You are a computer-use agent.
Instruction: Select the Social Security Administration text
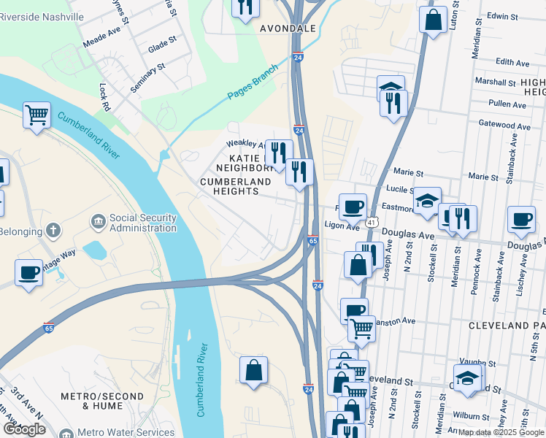(142, 223)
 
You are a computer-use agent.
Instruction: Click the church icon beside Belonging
(53, 231)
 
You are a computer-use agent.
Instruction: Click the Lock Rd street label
(104, 96)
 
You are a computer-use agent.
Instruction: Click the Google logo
(24, 429)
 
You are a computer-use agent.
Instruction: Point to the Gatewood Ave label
(504, 126)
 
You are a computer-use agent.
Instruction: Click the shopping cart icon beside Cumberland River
(36, 115)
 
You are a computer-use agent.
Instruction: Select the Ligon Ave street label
(339, 226)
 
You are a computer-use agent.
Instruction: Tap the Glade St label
(162, 47)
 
